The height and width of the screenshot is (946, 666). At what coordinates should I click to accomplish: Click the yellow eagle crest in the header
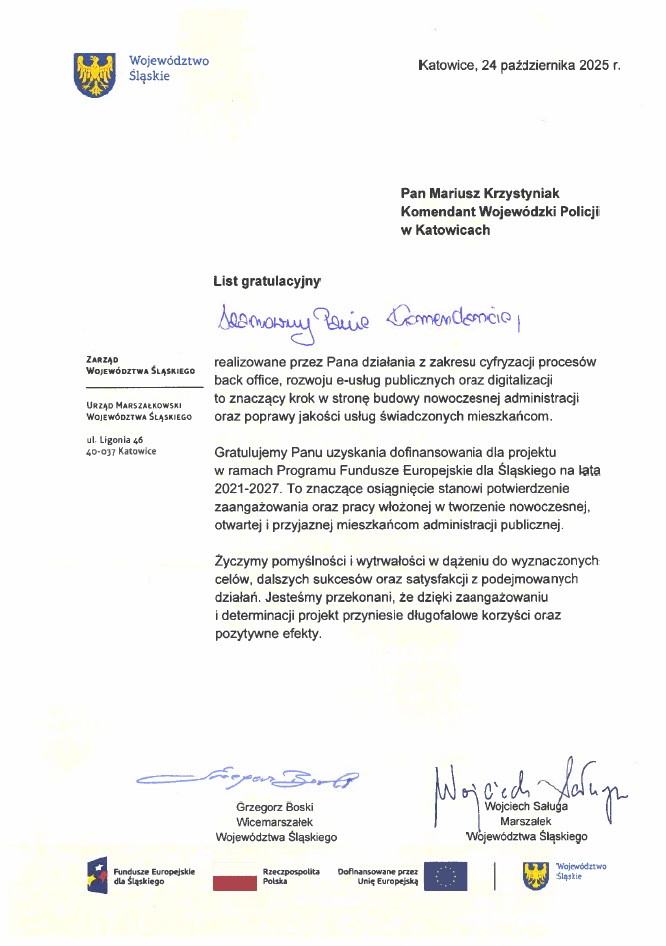pyautogui.click(x=96, y=73)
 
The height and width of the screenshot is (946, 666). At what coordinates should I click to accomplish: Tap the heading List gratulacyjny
pyautogui.click(x=265, y=283)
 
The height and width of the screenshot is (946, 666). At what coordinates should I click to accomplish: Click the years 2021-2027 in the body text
pyautogui.click(x=247, y=488)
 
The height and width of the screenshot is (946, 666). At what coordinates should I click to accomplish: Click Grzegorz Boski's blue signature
pyautogui.click(x=250, y=776)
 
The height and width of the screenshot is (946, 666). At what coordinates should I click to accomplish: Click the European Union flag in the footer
pyautogui.click(x=445, y=877)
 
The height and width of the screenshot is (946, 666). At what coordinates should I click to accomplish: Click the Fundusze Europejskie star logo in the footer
pyautogui.click(x=98, y=877)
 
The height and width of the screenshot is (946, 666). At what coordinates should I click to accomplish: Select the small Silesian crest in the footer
pyautogui.click(x=536, y=876)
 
